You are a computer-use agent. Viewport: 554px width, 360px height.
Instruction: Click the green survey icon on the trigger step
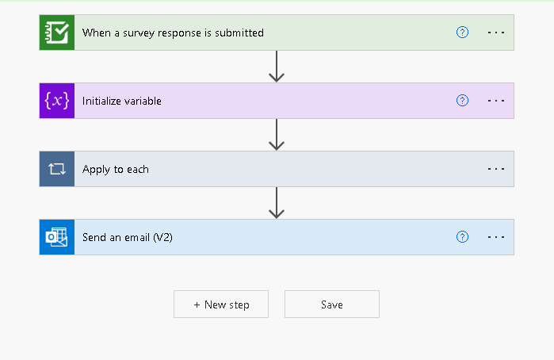(57, 33)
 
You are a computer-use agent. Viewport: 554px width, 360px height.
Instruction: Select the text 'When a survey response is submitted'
(173, 33)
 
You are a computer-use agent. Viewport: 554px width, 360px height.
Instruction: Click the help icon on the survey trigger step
(463, 33)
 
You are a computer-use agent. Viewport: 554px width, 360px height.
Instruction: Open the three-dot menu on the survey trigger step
(496, 33)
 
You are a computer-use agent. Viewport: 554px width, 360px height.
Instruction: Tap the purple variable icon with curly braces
(57, 101)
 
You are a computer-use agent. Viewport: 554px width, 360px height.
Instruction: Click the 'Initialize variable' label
(122, 101)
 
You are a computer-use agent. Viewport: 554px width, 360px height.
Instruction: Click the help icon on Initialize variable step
(463, 101)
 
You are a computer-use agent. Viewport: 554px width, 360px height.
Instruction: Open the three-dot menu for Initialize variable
(496, 101)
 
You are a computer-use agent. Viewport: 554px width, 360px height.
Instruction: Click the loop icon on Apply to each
(57, 169)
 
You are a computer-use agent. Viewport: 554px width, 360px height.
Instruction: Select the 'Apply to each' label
(116, 169)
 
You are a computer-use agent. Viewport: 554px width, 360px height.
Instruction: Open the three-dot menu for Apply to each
(496, 169)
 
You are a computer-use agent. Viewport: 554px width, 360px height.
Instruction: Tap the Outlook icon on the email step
(57, 237)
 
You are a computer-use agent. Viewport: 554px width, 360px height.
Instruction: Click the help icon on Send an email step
(463, 237)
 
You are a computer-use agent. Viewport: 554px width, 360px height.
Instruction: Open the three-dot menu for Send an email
(496, 237)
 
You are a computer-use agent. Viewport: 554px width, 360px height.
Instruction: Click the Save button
(332, 304)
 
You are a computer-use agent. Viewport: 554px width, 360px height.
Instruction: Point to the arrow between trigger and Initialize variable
(277, 67)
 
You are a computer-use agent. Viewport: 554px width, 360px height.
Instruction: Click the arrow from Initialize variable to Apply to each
(277, 135)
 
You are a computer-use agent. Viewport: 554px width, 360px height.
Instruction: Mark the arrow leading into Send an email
(277, 203)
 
